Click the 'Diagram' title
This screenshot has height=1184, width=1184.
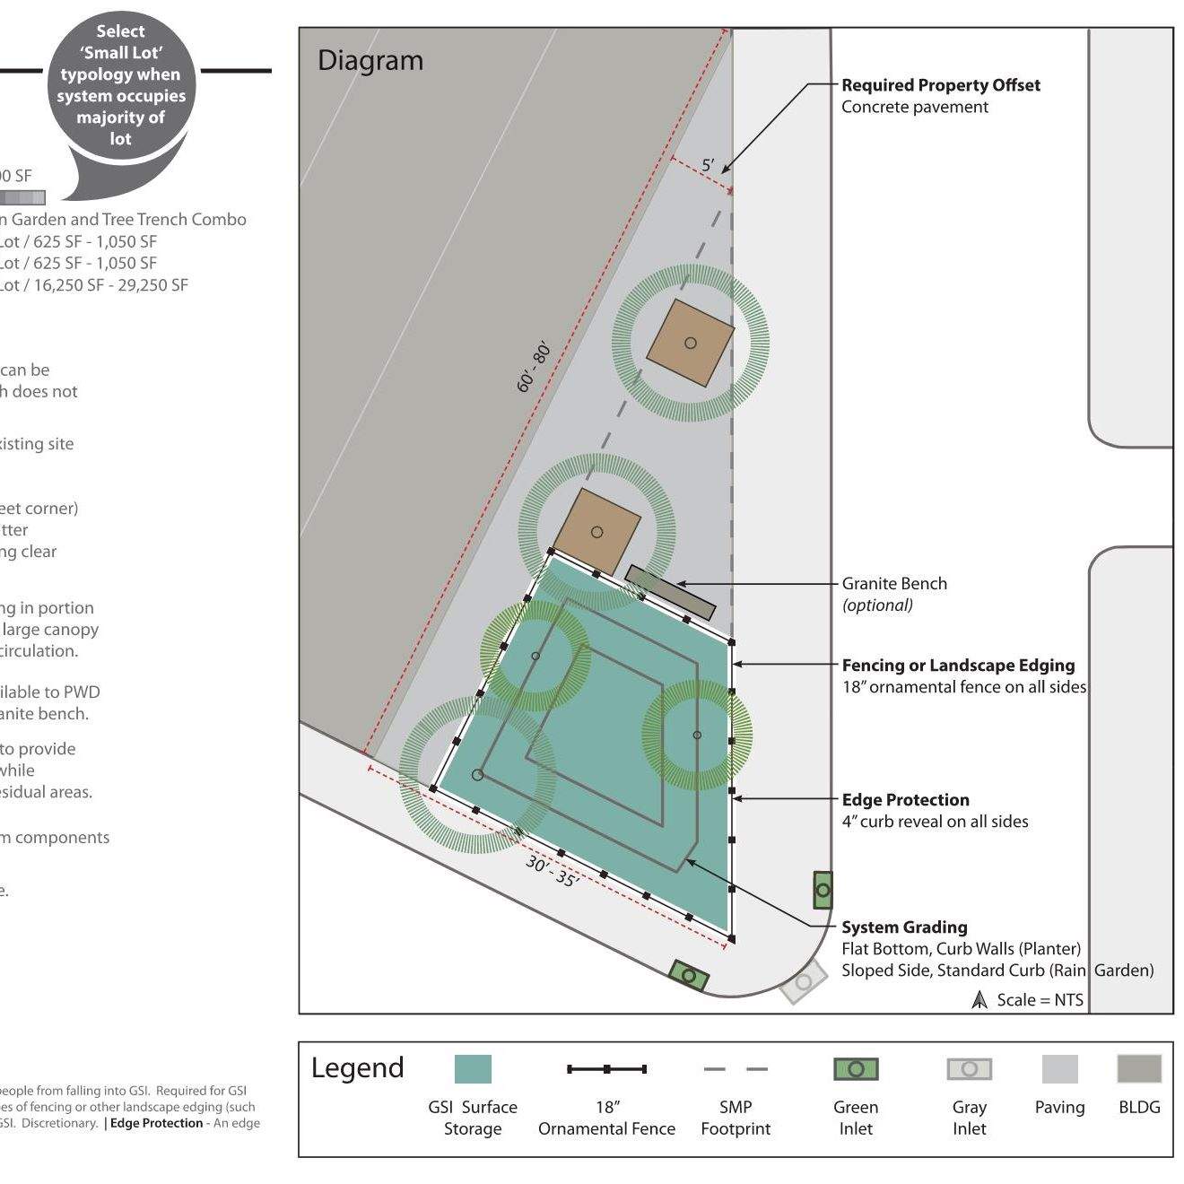tap(370, 61)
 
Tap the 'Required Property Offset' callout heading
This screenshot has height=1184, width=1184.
tap(940, 85)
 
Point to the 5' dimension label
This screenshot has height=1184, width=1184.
tap(708, 165)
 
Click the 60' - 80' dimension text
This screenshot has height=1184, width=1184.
tap(533, 367)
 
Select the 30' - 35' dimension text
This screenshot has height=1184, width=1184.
tap(553, 871)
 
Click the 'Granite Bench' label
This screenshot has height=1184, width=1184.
tap(893, 583)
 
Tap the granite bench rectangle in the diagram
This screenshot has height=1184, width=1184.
tap(670, 592)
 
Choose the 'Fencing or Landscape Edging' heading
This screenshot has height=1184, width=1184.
tap(957, 666)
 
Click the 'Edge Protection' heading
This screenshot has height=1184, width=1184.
tap(905, 800)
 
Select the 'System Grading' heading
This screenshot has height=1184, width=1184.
tap(903, 927)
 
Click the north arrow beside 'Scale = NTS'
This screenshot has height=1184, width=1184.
tap(979, 999)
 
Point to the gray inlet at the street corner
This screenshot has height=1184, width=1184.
tap(803, 982)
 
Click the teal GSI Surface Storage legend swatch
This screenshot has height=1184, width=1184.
tap(473, 1069)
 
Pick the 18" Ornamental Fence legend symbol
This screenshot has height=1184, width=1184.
tap(606, 1069)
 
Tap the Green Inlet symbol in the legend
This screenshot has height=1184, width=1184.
tap(856, 1069)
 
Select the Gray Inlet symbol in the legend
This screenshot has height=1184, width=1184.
tap(969, 1069)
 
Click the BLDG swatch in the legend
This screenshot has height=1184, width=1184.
tap(1139, 1069)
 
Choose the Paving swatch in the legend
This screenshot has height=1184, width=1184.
tap(1059, 1069)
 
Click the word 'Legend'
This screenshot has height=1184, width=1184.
tap(357, 1068)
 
